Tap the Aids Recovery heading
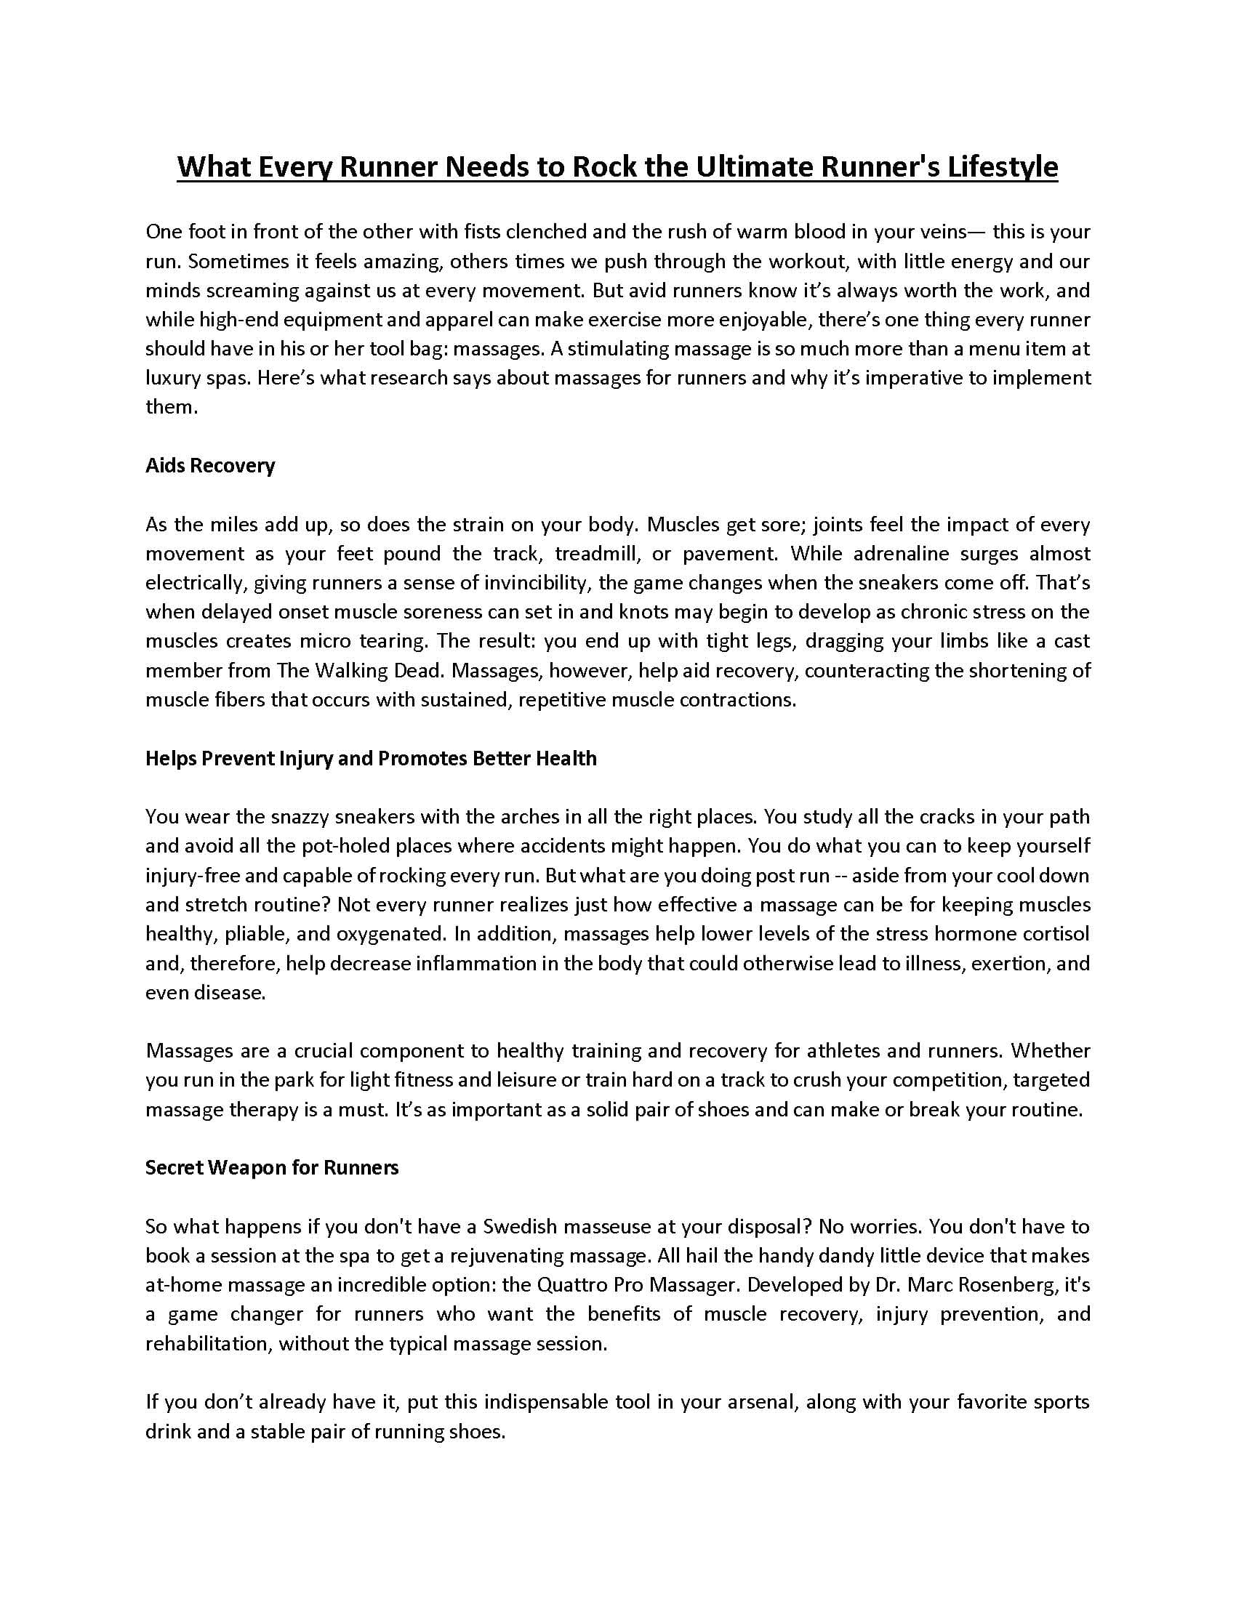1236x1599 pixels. (x=210, y=466)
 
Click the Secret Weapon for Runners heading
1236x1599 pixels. (x=272, y=1167)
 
